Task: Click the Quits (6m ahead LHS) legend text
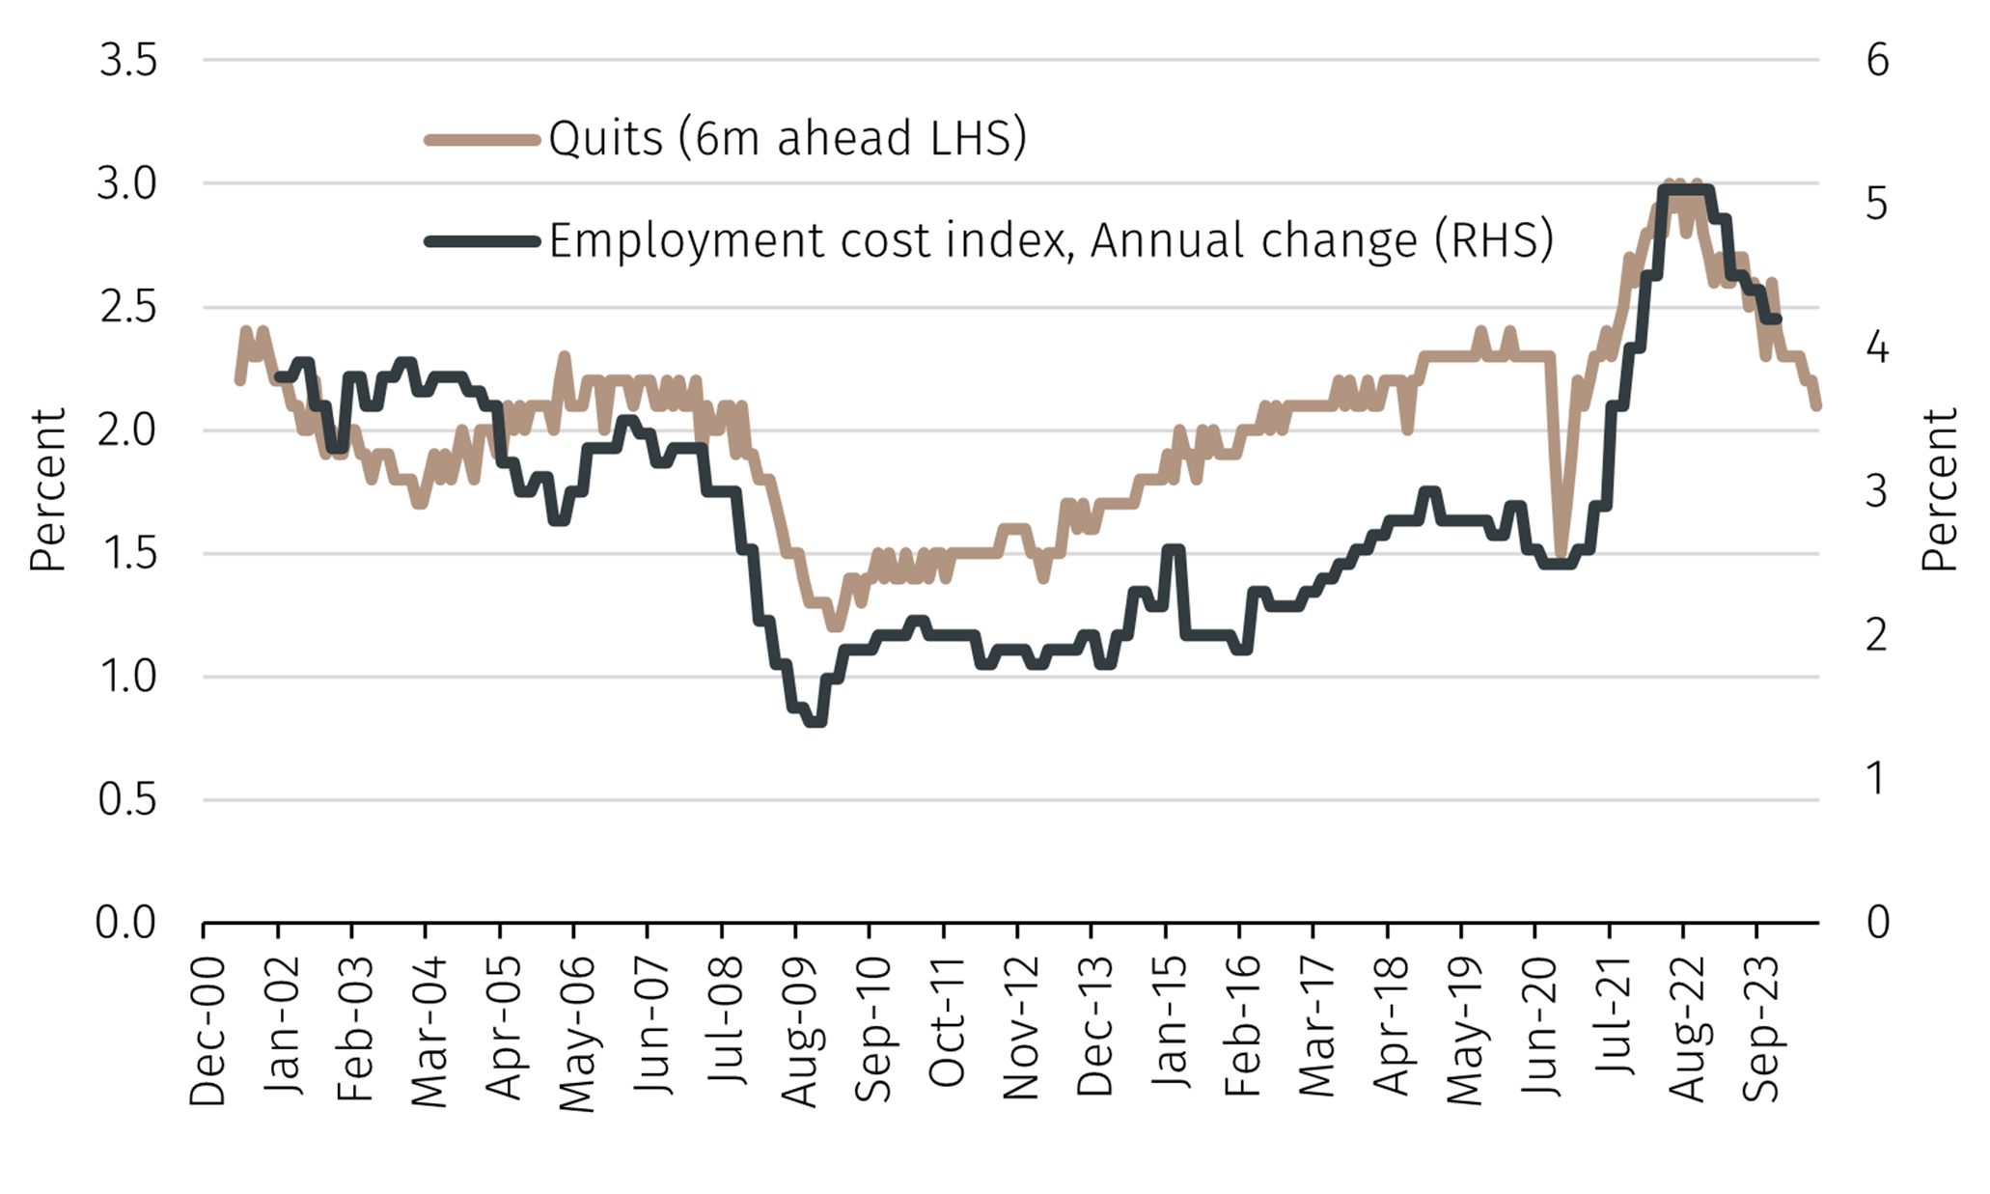[788, 139]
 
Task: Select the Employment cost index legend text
[1051, 240]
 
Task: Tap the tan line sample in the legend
[482, 140]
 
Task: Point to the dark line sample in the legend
[482, 241]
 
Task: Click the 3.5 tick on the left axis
[127, 61]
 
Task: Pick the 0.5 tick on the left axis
[127, 800]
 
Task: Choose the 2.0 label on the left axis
[127, 430]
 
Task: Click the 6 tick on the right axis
[1877, 61]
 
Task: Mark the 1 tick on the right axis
[1877, 778]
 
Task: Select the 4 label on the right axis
[1877, 347]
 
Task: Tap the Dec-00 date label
[207, 1031]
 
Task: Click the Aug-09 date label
[798, 1031]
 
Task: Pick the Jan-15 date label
[1169, 1023]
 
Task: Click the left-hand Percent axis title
[46, 489]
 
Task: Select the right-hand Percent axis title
[1938, 489]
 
